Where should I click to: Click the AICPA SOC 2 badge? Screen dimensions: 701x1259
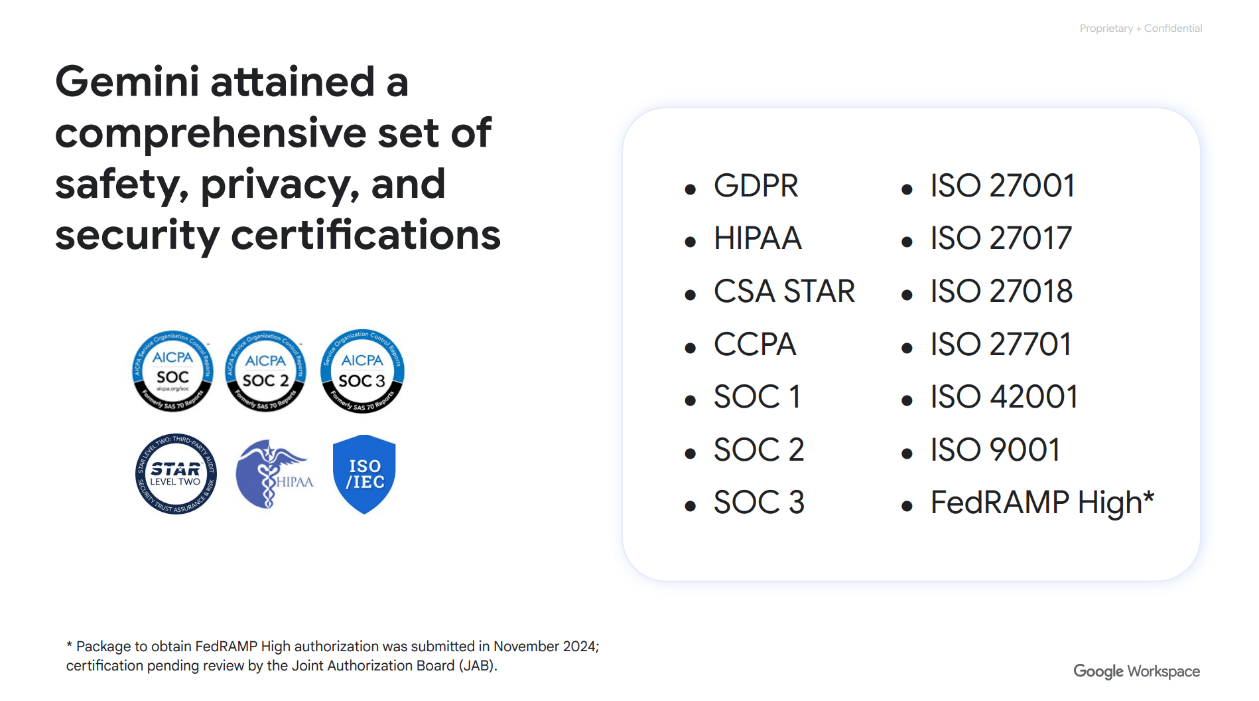(265, 371)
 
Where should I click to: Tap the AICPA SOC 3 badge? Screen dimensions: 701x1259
(362, 371)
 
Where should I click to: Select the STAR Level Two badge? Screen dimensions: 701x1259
(176, 474)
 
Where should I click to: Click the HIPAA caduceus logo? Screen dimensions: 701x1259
(273, 474)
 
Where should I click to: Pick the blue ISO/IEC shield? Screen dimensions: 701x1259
(364, 474)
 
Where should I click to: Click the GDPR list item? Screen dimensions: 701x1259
(756, 186)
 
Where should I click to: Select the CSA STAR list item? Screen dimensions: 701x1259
(784, 291)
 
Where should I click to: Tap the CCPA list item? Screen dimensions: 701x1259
(754, 345)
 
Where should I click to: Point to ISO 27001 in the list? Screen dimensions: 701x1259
(1002, 186)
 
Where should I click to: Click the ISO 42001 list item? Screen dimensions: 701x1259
(1004, 397)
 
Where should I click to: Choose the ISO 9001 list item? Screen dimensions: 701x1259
(995, 450)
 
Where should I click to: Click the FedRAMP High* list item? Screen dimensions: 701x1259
(1042, 503)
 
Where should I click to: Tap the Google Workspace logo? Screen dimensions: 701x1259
(1136, 671)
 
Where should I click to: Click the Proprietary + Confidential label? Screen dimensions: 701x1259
(1140, 29)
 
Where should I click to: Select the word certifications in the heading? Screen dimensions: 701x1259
(365, 235)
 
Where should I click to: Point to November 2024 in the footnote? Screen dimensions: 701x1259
(545, 647)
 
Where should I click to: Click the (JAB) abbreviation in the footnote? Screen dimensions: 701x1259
(477, 666)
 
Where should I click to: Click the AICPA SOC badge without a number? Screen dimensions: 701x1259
(172, 371)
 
